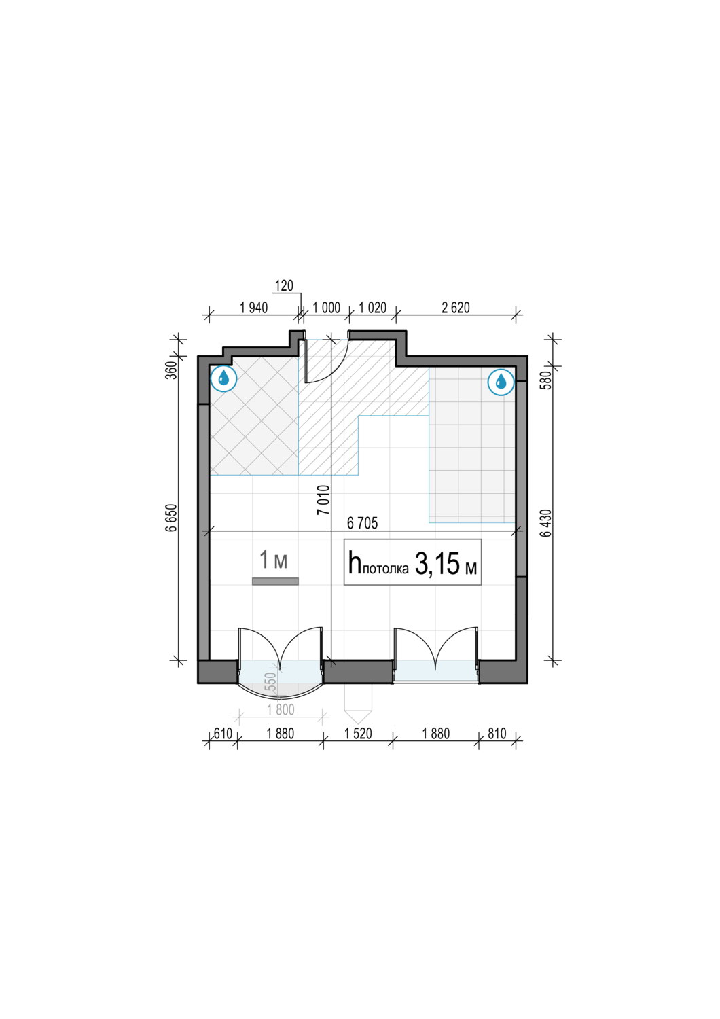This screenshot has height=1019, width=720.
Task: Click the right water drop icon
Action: click(501, 382)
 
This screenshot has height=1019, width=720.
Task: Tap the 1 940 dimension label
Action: click(254, 308)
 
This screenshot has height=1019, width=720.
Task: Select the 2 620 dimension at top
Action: click(456, 308)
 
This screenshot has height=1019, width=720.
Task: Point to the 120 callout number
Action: click(285, 286)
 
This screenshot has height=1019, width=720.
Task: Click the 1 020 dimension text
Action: click(372, 308)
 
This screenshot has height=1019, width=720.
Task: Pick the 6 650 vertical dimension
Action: click(171, 517)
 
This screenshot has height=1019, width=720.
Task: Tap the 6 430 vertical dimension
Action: click(546, 523)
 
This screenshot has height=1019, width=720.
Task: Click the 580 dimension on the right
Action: click(546, 380)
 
